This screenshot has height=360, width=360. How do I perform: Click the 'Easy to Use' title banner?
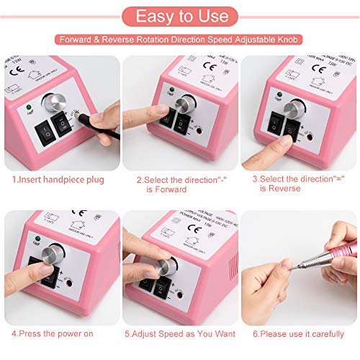click(179, 16)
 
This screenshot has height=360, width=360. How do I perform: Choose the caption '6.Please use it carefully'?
click(297, 334)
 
